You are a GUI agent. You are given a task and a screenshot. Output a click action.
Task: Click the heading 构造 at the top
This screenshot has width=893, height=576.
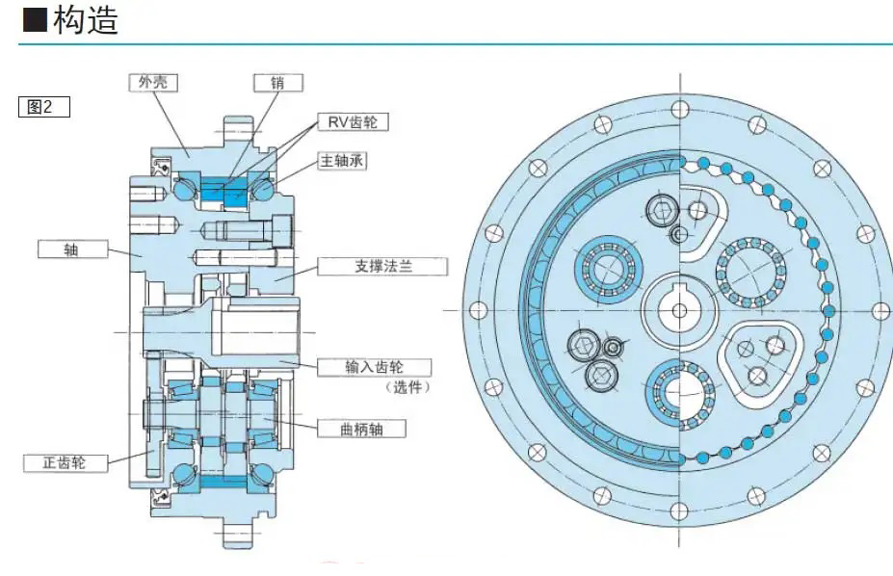(x=87, y=20)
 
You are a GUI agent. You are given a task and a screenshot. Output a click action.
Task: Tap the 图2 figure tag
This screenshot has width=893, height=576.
(x=44, y=106)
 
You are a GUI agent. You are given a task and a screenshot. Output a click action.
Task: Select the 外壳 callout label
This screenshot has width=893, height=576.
(x=154, y=83)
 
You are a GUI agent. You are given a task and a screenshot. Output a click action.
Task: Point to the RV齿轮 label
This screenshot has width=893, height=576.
(x=355, y=122)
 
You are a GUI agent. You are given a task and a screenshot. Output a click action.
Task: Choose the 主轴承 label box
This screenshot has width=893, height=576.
(x=341, y=161)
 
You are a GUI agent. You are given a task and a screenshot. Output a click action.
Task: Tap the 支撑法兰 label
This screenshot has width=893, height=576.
(x=380, y=265)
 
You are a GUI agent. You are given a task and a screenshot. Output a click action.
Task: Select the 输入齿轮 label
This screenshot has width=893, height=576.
(x=373, y=367)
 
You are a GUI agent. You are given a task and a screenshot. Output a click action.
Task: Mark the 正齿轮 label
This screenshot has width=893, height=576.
(x=65, y=462)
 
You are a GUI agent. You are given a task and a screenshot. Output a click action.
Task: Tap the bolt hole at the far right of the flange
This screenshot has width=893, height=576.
(x=878, y=310)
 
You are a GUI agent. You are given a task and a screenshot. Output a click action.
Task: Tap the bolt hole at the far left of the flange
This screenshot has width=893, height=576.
(x=476, y=310)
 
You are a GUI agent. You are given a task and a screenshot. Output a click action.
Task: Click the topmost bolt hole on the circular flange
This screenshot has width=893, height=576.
(x=681, y=103)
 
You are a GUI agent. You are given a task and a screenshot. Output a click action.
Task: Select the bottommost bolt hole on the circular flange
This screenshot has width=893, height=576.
(x=681, y=517)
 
